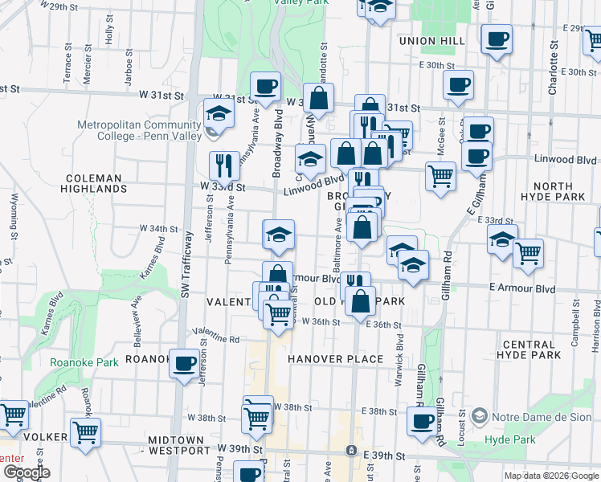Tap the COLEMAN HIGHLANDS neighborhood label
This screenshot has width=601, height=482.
tap(94, 183)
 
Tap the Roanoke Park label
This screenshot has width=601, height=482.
tap(84, 362)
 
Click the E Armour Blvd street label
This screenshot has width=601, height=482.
tap(521, 288)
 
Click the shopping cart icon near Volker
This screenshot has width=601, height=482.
tap(85, 432)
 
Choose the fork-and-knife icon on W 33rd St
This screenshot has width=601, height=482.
tap(223, 165)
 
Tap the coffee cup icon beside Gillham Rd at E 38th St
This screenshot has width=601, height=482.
tap(420, 421)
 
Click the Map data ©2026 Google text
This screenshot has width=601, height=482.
tap(550, 476)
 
